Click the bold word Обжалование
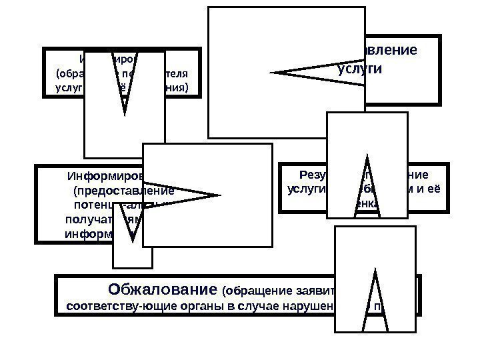point(161,291)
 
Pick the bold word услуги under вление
point(365,69)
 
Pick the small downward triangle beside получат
point(133,223)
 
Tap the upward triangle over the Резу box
point(367,187)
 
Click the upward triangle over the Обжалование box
point(375,300)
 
